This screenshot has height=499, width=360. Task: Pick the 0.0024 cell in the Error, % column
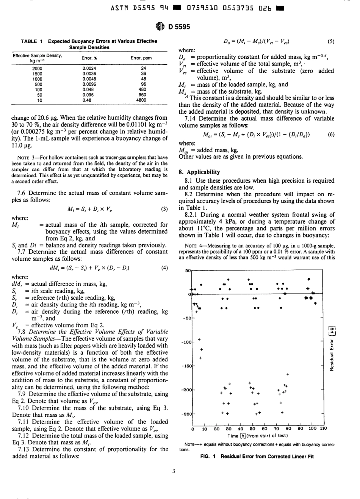[89, 69]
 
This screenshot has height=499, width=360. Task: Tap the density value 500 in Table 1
[38, 84]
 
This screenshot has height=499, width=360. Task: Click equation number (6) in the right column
[331, 135]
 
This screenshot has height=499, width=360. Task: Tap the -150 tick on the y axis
[187, 366]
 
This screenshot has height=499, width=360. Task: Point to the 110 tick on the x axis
[323, 429]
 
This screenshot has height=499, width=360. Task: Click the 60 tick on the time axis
[264, 429]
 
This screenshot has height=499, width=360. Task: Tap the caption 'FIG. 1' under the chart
[208, 457]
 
